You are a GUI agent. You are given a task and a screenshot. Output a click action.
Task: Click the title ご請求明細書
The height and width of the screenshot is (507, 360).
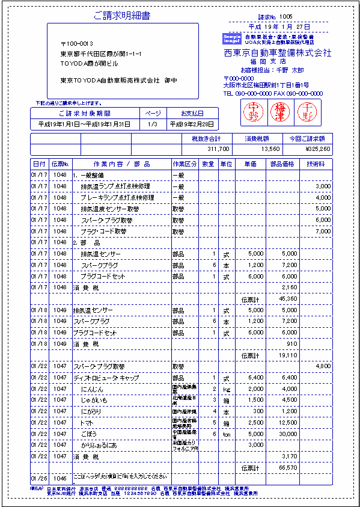click(121, 16)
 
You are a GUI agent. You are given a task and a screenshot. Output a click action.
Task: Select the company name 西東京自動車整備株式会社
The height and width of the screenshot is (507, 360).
click(277, 53)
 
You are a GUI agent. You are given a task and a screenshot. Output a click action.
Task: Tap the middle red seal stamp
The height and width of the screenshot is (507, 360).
click(278, 111)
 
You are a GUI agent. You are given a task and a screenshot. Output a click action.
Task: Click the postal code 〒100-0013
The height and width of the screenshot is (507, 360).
click(77, 44)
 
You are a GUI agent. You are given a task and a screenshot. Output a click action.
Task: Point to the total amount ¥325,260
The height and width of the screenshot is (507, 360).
click(317, 149)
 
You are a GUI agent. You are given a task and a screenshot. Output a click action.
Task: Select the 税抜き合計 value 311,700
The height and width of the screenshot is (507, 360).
click(218, 149)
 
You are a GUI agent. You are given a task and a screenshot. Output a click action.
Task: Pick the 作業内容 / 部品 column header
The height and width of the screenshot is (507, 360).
click(121, 164)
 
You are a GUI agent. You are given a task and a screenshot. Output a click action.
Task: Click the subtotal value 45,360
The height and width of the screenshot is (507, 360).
click(288, 299)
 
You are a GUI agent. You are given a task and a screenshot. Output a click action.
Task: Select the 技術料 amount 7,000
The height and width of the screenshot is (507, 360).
click(323, 232)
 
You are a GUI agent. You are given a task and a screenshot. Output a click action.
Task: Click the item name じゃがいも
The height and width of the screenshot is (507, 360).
click(94, 400)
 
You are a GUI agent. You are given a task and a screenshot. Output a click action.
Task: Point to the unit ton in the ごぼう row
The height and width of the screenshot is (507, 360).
click(226, 434)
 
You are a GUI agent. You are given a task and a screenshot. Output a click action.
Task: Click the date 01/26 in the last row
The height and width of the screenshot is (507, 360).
click(38, 479)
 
